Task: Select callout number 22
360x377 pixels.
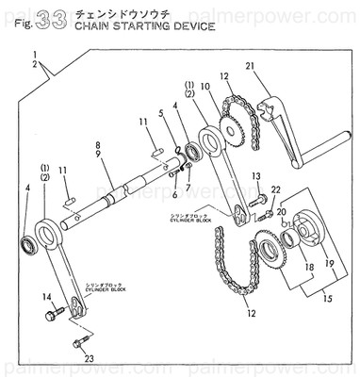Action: coord(275,189)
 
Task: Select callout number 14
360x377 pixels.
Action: coord(46,299)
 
